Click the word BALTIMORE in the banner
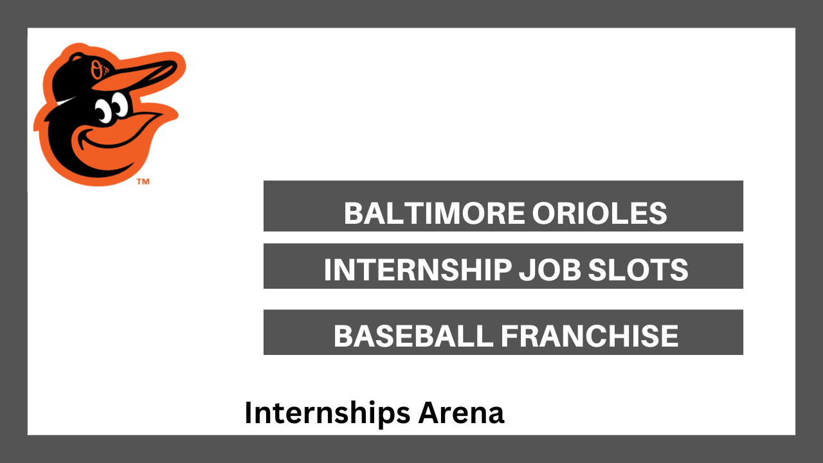pyautogui.click(x=435, y=213)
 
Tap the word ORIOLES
pyautogui.click(x=600, y=213)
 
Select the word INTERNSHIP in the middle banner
pyautogui.click(x=418, y=269)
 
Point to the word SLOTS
pyautogui.click(x=638, y=269)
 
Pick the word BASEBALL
pyautogui.click(x=413, y=336)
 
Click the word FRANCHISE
pyautogui.click(x=590, y=336)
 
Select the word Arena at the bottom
pyautogui.click(x=461, y=412)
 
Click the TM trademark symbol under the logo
pyautogui.click(x=143, y=181)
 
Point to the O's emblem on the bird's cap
pyautogui.click(x=99, y=69)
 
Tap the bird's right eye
pyautogui.click(x=120, y=104)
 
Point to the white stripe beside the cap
pyautogui.click(x=66, y=101)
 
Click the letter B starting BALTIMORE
pyautogui.click(x=353, y=213)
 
